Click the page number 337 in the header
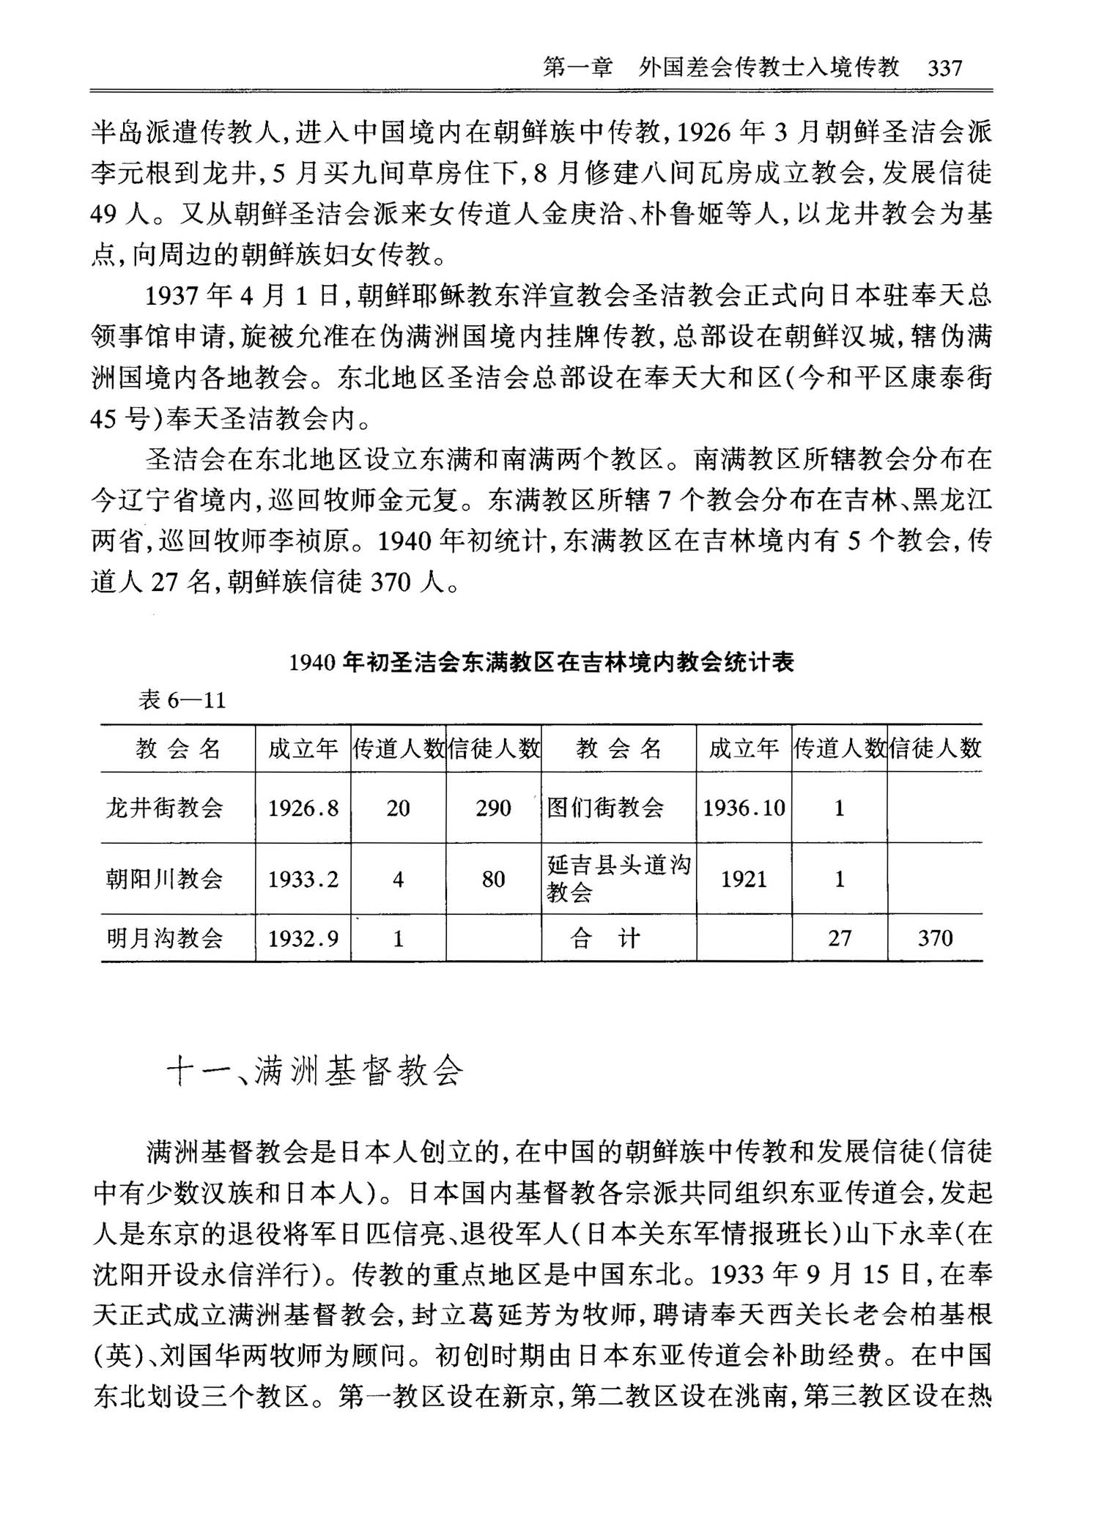click(x=944, y=68)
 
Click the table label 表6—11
click(x=182, y=700)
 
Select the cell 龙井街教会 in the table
click(x=165, y=808)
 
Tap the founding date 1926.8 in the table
click(x=303, y=808)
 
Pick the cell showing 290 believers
click(x=493, y=808)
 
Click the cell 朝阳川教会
click(x=165, y=879)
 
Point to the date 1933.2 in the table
click(x=303, y=879)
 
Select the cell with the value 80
click(x=493, y=879)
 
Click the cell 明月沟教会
click(x=165, y=938)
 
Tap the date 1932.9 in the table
click(x=303, y=938)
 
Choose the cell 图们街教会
click(x=605, y=808)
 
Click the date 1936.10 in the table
click(x=744, y=808)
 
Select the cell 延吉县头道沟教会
click(x=618, y=879)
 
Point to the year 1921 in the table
click(x=744, y=879)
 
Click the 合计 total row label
click(x=605, y=938)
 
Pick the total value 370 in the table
click(x=935, y=938)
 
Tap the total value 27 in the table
click(x=840, y=938)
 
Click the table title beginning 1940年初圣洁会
click(x=541, y=662)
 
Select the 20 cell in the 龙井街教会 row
click(x=398, y=808)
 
